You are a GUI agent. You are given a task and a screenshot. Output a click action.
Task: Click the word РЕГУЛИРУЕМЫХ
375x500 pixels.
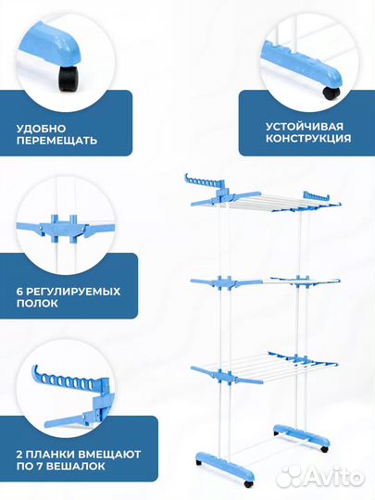pos(75,291)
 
